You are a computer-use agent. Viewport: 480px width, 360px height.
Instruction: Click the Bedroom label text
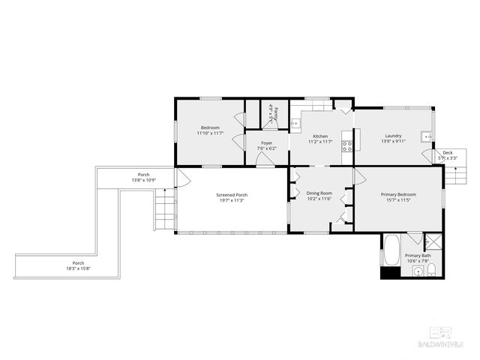(209, 127)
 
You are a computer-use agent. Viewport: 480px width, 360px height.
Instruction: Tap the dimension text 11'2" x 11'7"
(319, 142)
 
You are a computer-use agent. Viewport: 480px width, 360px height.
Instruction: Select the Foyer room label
(266, 142)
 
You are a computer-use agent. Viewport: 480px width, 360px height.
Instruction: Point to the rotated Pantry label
(275, 114)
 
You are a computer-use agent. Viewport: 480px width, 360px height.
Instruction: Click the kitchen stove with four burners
(347, 145)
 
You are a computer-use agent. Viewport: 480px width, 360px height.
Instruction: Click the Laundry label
(393, 136)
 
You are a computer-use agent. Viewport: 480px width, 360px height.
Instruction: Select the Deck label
(448, 153)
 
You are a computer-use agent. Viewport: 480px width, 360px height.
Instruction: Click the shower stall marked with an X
(433, 242)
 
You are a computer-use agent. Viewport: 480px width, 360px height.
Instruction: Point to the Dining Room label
(319, 193)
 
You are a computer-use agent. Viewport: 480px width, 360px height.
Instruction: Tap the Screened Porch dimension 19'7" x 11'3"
(232, 200)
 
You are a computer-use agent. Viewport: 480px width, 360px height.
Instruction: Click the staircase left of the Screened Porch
(164, 210)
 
